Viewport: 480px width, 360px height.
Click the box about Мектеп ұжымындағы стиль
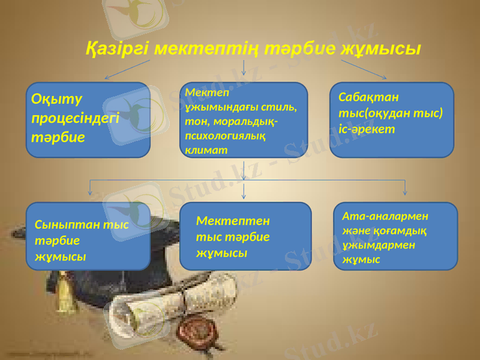[247, 120]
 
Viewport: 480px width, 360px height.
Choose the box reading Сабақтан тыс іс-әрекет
[392, 120]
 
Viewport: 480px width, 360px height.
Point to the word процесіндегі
[76, 117]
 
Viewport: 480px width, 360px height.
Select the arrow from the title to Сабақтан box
[364, 70]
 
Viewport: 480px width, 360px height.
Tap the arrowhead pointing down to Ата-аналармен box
[405, 192]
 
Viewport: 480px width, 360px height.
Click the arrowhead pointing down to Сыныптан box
[90, 192]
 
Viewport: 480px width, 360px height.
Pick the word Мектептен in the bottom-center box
[233, 221]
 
